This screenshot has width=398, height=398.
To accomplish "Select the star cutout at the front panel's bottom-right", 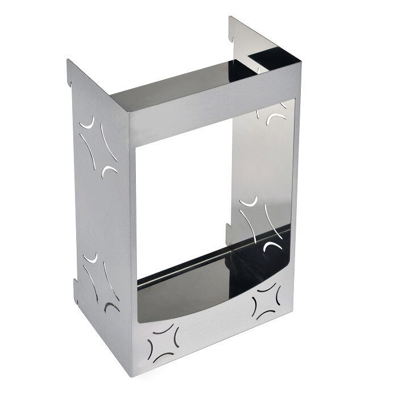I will coord(265,300).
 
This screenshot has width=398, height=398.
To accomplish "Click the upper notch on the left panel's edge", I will coord(70,83).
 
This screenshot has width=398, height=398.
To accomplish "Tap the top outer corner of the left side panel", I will coord(68,60).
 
